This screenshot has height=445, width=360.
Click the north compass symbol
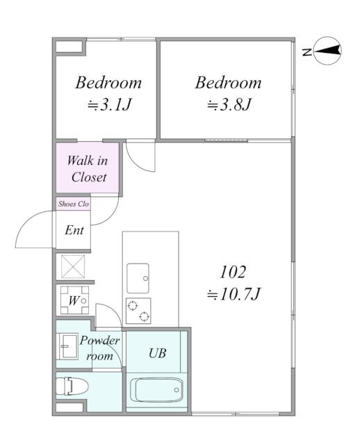[327, 51]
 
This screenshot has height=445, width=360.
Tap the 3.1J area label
[109, 105]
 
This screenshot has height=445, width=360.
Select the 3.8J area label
[229, 105]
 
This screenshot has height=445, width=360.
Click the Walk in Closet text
[88, 169]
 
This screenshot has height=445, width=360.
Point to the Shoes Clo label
[74, 204]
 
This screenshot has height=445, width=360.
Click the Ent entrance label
[74, 230]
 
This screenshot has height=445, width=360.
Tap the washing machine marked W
[74, 300]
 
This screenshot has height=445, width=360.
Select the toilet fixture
[72, 386]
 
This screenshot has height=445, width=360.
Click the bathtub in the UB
[156, 390]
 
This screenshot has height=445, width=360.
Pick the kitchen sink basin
[138, 278]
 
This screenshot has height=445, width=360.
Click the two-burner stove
[138, 311]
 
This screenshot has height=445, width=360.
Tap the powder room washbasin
[67, 346]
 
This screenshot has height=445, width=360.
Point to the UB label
[158, 353]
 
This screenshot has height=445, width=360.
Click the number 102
[233, 272]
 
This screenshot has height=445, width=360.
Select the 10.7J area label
[234, 294]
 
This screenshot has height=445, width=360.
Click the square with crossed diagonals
[73, 266]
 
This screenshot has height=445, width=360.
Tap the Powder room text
[99, 348]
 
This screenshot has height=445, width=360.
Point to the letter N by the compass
[307, 52]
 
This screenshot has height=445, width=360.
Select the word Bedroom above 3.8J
[229, 83]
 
